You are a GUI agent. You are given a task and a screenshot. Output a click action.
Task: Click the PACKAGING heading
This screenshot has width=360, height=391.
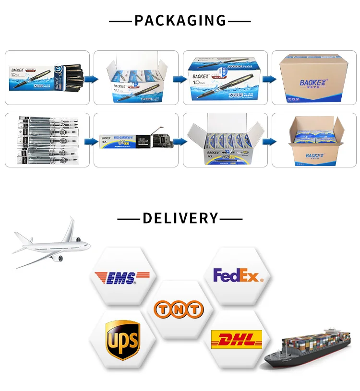(180, 21)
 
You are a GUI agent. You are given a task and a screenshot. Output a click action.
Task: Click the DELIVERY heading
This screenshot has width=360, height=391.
(180, 218)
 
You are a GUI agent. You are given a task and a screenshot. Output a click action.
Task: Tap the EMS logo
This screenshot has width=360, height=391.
(122, 277)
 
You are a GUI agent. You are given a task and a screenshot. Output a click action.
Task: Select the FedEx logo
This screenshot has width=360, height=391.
(238, 276)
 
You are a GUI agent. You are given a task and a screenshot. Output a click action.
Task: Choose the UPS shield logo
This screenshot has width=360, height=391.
(122, 338)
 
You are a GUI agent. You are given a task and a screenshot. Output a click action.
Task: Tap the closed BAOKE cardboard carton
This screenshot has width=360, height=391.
(314, 79)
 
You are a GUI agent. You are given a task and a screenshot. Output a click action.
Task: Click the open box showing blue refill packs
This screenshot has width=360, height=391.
(226, 142)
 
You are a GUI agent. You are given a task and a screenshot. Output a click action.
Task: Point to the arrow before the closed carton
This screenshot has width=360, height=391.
(270, 79)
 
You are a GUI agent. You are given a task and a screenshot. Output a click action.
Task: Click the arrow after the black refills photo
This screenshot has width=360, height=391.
(90, 142)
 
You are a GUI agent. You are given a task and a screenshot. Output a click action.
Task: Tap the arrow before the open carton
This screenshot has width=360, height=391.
(270, 142)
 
